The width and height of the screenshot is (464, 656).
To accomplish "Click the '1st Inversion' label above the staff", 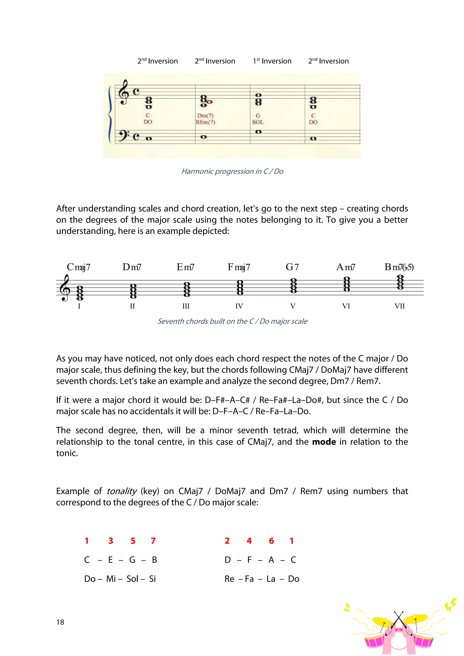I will click(x=272, y=61).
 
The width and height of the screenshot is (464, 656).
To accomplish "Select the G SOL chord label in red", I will click(x=258, y=119).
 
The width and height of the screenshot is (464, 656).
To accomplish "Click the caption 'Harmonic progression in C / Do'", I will click(x=232, y=171).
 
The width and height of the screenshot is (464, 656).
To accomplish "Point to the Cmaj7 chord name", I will click(x=78, y=267).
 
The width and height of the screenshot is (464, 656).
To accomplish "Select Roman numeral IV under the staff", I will click(x=239, y=306).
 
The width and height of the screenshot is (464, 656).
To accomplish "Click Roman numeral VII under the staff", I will click(x=399, y=306).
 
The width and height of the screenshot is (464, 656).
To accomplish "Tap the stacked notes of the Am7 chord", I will click(x=346, y=284).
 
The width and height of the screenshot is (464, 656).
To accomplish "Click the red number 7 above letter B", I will click(x=153, y=541).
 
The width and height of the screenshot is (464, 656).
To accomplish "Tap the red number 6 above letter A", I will click(x=271, y=541).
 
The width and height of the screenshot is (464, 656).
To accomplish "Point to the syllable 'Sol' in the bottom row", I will click(x=132, y=579).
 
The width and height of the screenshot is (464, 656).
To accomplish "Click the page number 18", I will click(x=60, y=622).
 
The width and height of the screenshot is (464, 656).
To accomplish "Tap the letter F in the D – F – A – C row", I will click(x=249, y=560).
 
